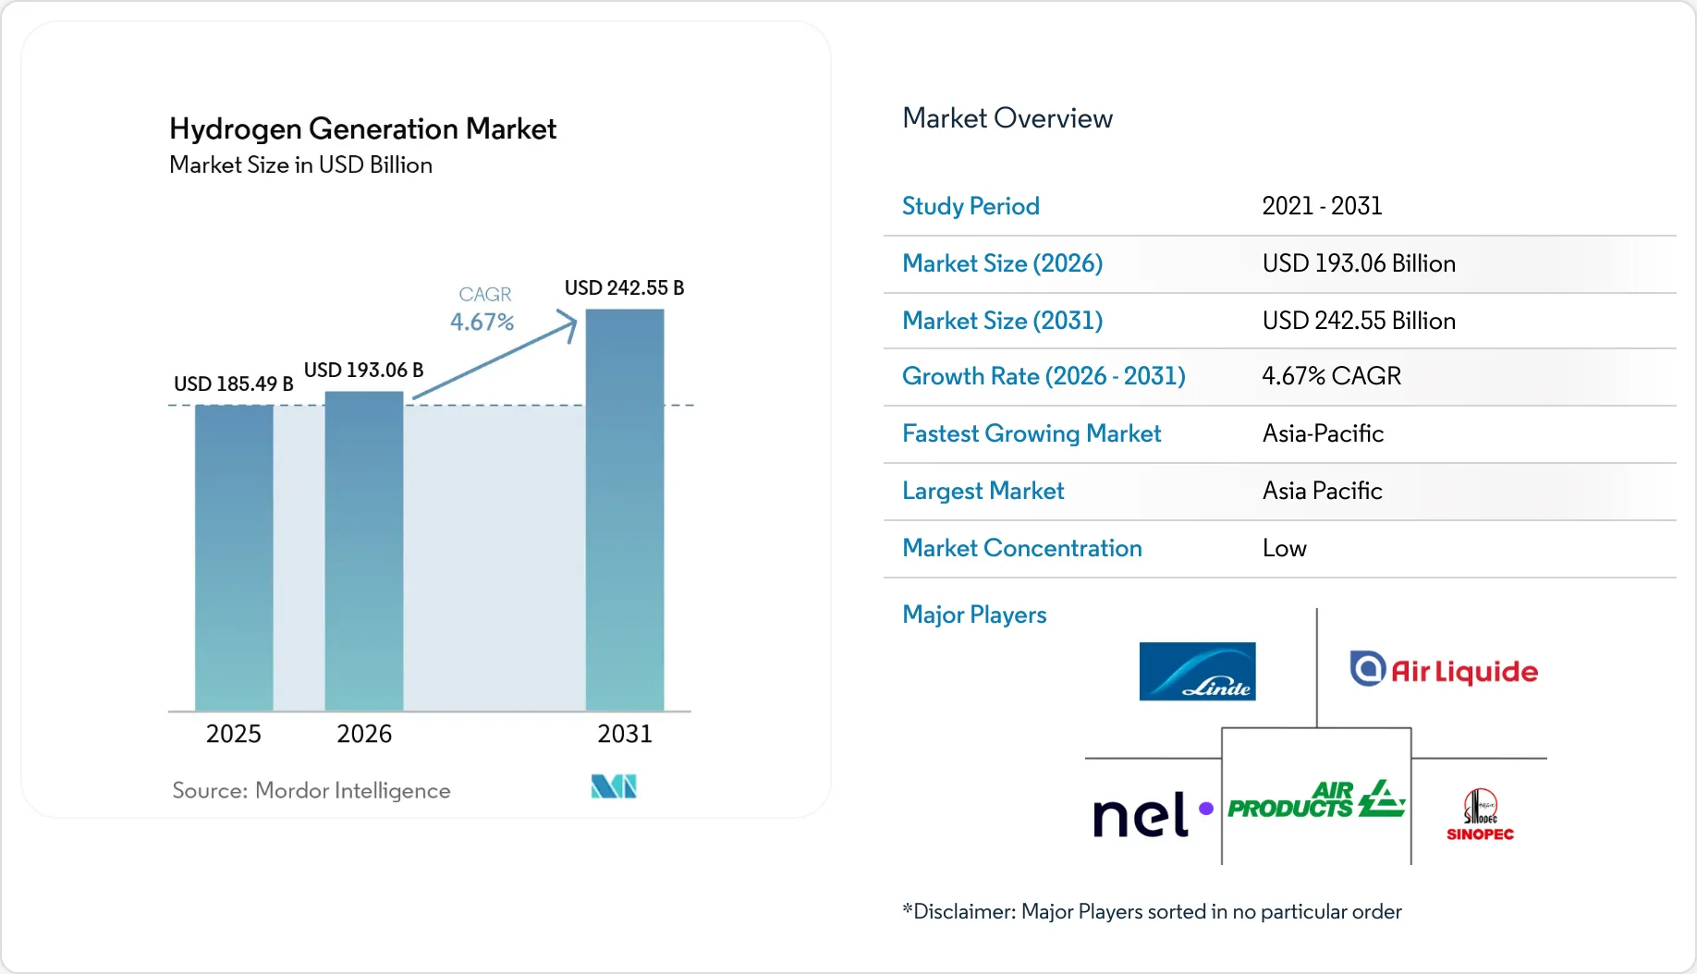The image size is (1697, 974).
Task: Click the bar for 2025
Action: click(234, 558)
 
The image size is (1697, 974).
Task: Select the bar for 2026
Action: click(364, 552)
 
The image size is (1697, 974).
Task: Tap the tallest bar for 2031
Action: click(625, 510)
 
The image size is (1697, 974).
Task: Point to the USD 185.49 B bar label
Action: click(234, 384)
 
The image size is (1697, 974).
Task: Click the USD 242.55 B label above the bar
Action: click(625, 287)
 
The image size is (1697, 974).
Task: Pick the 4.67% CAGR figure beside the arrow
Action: click(482, 322)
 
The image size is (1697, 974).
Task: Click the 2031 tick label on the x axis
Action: click(625, 734)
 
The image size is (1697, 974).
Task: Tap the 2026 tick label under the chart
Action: click(364, 734)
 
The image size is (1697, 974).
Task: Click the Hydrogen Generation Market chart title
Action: click(363, 128)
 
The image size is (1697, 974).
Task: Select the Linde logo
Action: click(1198, 671)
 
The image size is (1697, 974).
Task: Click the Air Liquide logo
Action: click(1444, 670)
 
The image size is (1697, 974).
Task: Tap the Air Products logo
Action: click(1316, 800)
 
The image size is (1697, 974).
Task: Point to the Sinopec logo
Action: click(1480, 814)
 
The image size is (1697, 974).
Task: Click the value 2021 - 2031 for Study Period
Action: click(1323, 206)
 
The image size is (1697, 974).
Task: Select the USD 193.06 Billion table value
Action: click(1359, 263)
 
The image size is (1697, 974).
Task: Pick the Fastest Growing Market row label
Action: click(1032, 433)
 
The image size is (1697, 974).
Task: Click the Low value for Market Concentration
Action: click(1285, 548)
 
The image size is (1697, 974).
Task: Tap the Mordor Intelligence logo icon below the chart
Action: click(614, 786)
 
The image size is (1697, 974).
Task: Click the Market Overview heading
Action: click(1007, 118)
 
